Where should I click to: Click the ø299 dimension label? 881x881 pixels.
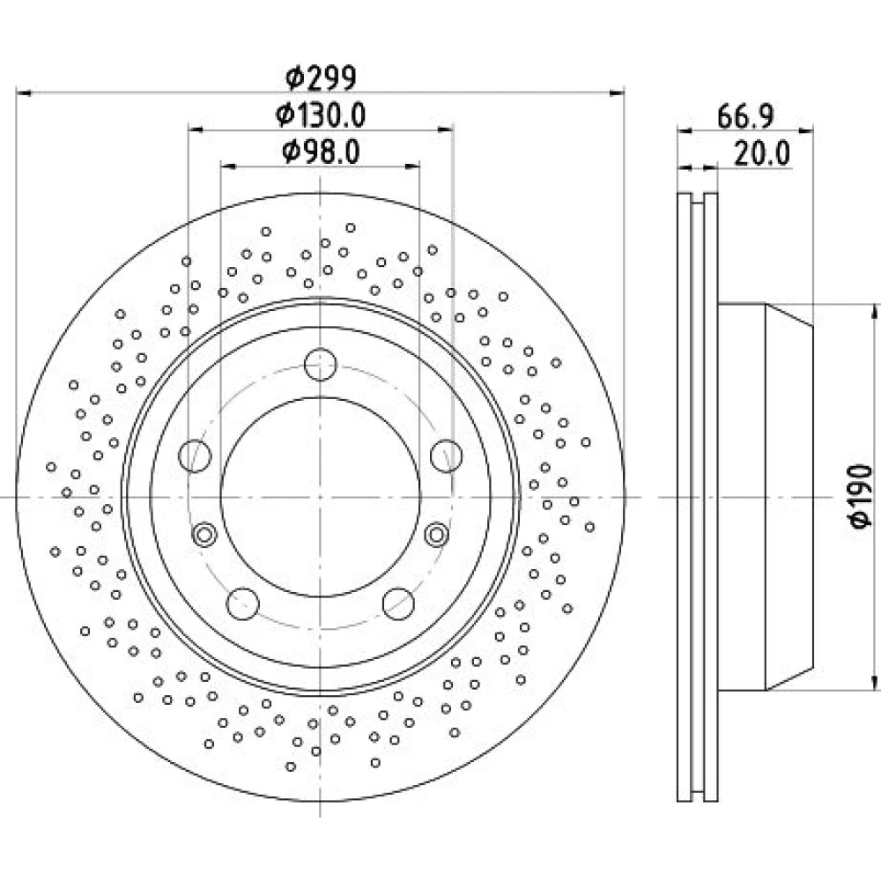[x=321, y=78]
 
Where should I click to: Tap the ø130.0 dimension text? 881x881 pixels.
[x=321, y=115]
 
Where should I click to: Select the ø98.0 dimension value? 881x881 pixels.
[x=321, y=152]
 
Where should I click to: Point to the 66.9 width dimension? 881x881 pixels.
[x=745, y=116]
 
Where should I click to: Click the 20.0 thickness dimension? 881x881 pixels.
[x=762, y=153]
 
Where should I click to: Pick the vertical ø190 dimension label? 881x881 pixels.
[x=861, y=496]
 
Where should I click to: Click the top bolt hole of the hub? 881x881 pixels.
[x=321, y=364]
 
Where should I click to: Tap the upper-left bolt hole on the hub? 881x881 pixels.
[x=195, y=455]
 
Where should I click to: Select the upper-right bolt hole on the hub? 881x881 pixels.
[x=446, y=455]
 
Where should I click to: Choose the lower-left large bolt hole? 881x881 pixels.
[x=243, y=604]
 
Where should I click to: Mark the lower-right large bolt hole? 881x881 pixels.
[x=398, y=604]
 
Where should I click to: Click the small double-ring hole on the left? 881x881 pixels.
[x=204, y=534]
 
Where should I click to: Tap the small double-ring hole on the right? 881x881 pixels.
[x=437, y=534]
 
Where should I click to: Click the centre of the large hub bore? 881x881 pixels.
[x=321, y=497]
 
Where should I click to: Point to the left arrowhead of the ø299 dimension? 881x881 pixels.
[x=24, y=93]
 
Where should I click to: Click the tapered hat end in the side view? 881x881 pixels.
[x=789, y=497]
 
